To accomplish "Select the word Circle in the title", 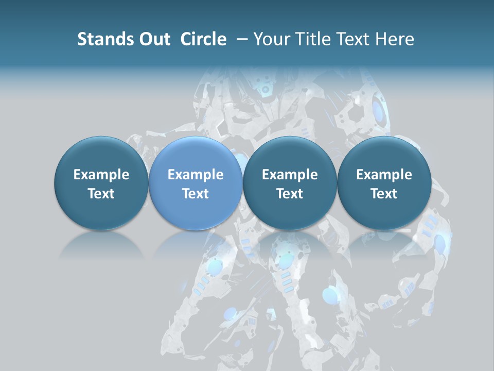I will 203,39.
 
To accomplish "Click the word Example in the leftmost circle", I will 101,175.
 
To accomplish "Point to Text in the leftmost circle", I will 101,194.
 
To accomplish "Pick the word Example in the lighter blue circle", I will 196,175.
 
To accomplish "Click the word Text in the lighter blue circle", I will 196,194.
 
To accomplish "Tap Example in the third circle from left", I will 290,175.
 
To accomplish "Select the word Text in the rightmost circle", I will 384,194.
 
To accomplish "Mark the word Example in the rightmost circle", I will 384,175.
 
